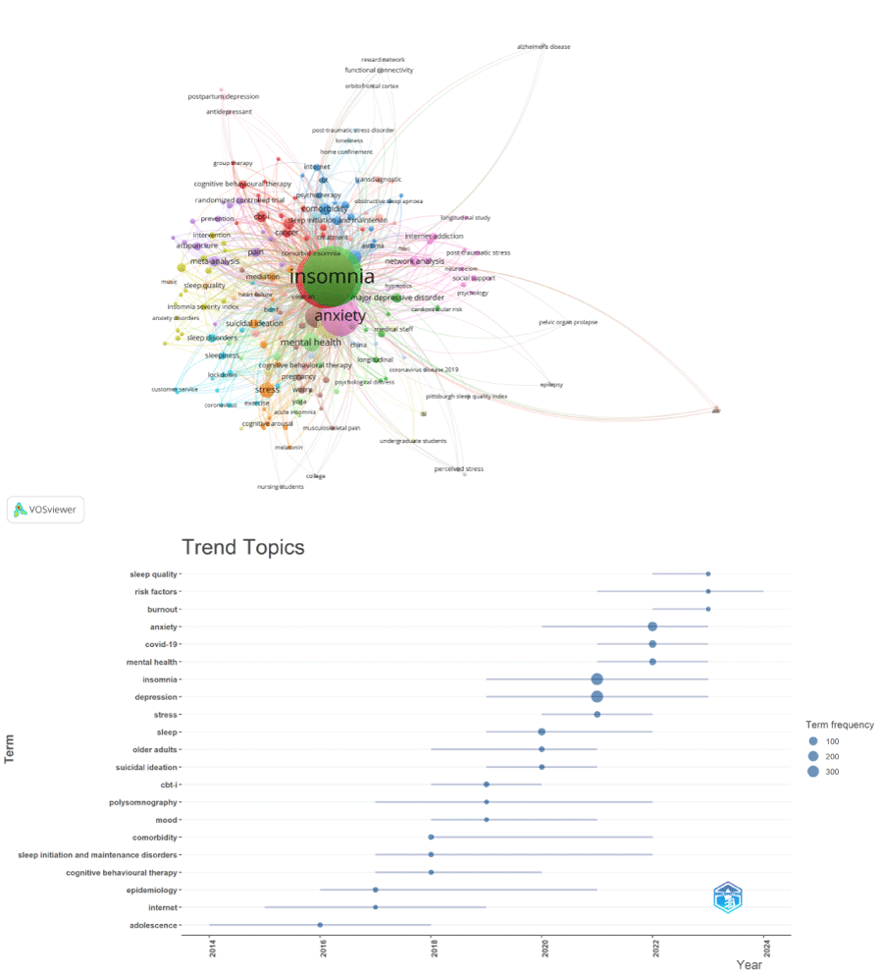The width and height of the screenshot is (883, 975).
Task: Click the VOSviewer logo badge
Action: pyautogui.click(x=46, y=510)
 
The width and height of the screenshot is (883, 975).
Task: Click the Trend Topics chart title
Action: pyautogui.click(x=243, y=548)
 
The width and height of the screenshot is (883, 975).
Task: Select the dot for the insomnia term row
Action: pyautogui.click(x=597, y=679)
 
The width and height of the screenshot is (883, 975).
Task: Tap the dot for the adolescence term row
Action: pyautogui.click(x=320, y=925)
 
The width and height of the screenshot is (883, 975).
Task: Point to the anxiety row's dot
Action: pyautogui.click(x=652, y=626)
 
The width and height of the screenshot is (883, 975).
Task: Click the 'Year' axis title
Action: pyautogui.click(x=749, y=965)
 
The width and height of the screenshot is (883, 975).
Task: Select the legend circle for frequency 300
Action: pyautogui.click(x=813, y=772)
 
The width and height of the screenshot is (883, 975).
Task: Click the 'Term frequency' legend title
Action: pyautogui.click(x=833, y=725)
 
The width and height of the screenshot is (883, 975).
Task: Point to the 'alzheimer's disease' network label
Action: pyautogui.click(x=544, y=46)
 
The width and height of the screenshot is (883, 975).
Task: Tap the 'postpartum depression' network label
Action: pyautogui.click(x=224, y=96)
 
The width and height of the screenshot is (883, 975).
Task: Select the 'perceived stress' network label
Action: pyautogui.click(x=458, y=469)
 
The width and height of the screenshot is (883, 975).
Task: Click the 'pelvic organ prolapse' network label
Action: pyautogui.click(x=568, y=322)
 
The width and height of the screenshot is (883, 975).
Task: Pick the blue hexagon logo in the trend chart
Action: pyautogui.click(x=727, y=897)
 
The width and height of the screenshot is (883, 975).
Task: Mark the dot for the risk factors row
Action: pyautogui.click(x=708, y=591)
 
